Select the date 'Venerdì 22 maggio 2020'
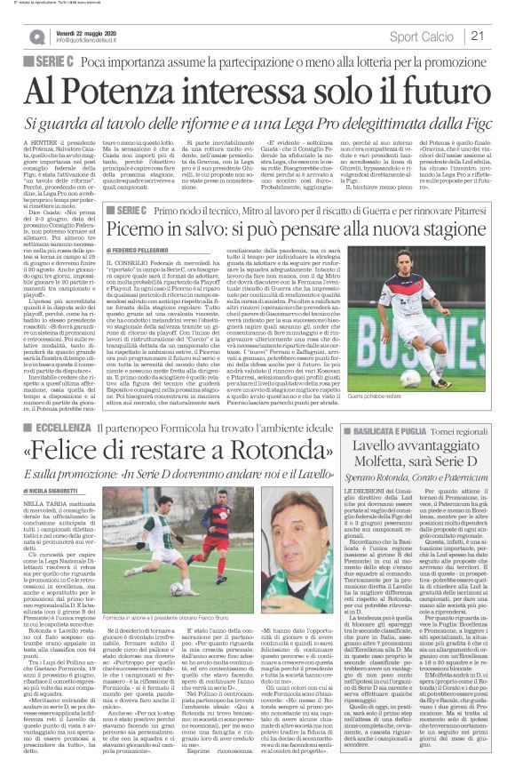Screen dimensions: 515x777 coord(88,32)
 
